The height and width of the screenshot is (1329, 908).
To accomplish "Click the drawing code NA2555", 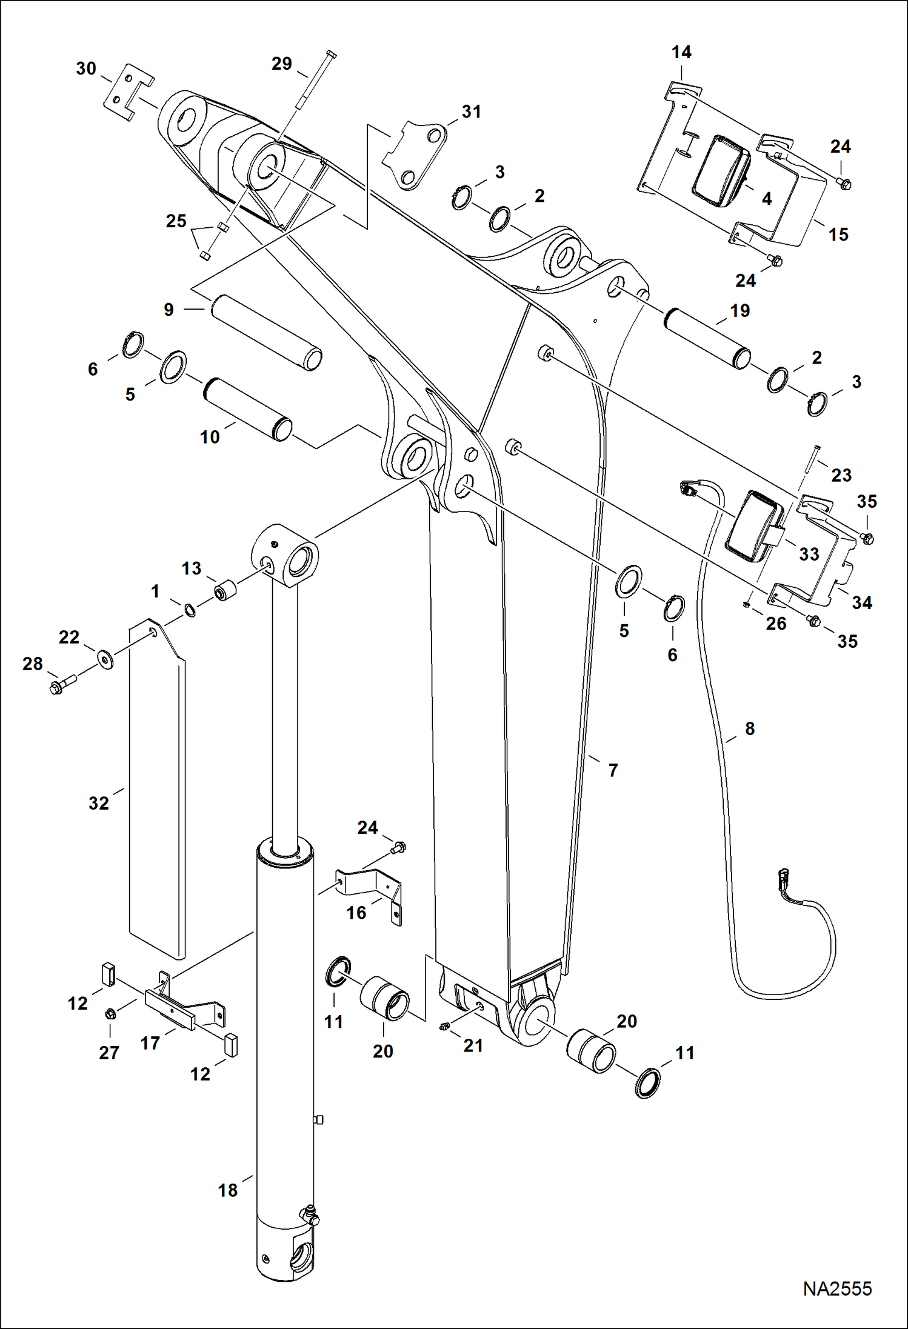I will tap(837, 1288).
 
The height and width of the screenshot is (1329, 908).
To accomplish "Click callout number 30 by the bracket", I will tap(86, 68).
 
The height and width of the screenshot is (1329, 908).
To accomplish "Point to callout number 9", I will tap(169, 310).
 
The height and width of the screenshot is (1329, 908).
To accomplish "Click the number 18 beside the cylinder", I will tap(228, 1190).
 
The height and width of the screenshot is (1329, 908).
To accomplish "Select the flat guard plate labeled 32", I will tap(157, 788).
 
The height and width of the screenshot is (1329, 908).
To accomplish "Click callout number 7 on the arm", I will tap(613, 770).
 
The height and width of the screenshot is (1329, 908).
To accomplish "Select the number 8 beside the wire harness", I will tap(750, 728).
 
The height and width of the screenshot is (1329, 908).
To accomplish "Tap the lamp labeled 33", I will tap(755, 525).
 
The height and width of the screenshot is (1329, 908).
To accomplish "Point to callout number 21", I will tap(473, 1045).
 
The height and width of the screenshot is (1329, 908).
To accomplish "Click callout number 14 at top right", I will tap(681, 52).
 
